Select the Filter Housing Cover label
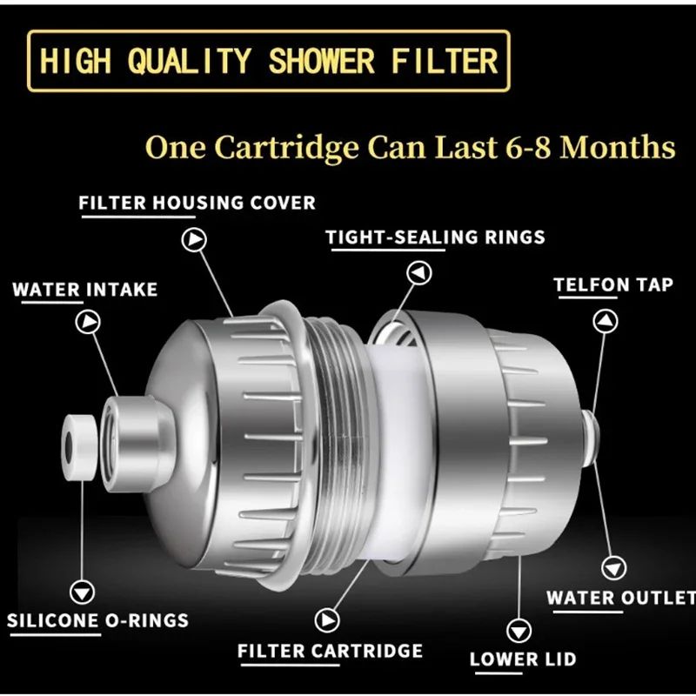197,203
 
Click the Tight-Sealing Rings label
435,237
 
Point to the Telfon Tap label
613,284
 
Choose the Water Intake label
84,289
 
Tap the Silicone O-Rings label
97,621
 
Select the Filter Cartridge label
330,650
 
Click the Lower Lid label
522,659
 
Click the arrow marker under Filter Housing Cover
193,238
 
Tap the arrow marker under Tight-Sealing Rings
420,273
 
